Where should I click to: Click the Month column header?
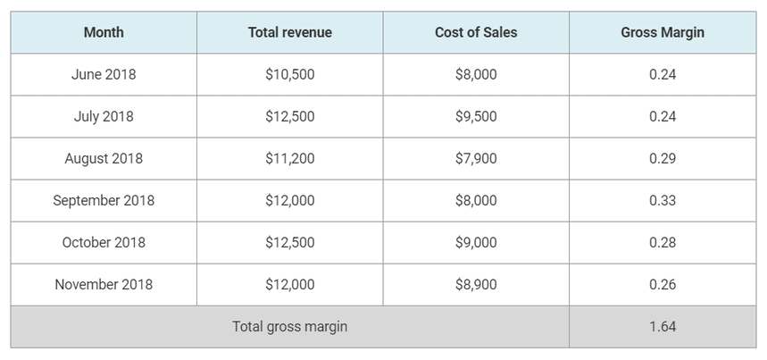(x=104, y=32)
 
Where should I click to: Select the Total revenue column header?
(x=289, y=32)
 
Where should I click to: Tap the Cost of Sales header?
(x=476, y=32)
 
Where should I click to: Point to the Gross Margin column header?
(x=663, y=32)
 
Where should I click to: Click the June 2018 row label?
(x=104, y=74)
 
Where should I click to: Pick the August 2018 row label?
(x=104, y=158)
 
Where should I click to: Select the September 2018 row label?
(x=104, y=200)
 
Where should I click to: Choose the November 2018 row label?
(x=104, y=284)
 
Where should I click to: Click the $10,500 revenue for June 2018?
(x=289, y=74)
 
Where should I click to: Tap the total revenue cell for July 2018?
(x=289, y=116)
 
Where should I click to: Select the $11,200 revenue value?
(x=289, y=158)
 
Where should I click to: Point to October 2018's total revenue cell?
(x=289, y=242)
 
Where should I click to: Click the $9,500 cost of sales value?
(x=476, y=116)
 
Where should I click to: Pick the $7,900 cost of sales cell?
(x=476, y=158)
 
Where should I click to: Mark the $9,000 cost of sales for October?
(x=476, y=242)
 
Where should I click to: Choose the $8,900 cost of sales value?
(x=476, y=284)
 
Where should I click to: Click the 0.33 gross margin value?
(x=663, y=200)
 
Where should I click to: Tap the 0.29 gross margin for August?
(x=663, y=158)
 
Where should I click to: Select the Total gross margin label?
(x=289, y=326)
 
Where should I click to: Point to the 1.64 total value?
(x=663, y=326)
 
